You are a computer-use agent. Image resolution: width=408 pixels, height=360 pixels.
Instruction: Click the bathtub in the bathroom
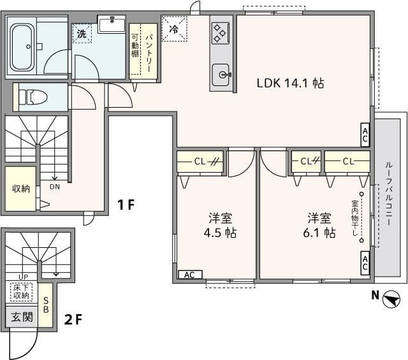[22, 47]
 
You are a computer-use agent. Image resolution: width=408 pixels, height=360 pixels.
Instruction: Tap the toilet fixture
[33, 97]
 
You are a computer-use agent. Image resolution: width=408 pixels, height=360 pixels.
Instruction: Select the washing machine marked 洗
[82, 33]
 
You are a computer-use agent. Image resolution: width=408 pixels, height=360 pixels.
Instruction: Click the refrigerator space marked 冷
[174, 29]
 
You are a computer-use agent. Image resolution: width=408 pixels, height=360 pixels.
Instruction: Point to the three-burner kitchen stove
[220, 33]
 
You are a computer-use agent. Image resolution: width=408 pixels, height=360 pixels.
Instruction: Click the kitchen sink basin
[221, 75]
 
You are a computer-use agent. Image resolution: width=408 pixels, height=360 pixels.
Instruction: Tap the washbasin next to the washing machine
[112, 24]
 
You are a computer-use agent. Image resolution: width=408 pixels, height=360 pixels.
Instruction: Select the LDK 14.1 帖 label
[291, 83]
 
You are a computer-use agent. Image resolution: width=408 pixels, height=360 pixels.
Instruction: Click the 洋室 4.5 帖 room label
[220, 226]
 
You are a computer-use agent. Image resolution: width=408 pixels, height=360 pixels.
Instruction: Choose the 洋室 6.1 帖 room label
[319, 226]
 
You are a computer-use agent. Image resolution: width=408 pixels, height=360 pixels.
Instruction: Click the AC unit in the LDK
[365, 134]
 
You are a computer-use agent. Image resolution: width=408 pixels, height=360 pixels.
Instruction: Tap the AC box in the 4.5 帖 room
[190, 275]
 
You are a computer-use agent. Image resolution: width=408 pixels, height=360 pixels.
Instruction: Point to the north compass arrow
[391, 299]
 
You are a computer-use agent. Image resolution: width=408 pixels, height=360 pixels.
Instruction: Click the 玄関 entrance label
[22, 317]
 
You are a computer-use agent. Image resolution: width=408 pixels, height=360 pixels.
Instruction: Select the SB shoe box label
[46, 305]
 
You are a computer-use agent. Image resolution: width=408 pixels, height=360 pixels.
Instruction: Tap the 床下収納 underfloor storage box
[22, 292]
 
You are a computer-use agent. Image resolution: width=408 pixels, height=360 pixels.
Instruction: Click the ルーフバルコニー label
[389, 194]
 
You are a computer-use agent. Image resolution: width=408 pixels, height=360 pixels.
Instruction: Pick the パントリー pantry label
[149, 53]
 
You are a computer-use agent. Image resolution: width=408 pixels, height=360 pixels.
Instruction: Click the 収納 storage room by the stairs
[20, 189]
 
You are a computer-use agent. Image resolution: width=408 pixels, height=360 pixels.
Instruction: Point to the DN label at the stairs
[55, 187]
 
